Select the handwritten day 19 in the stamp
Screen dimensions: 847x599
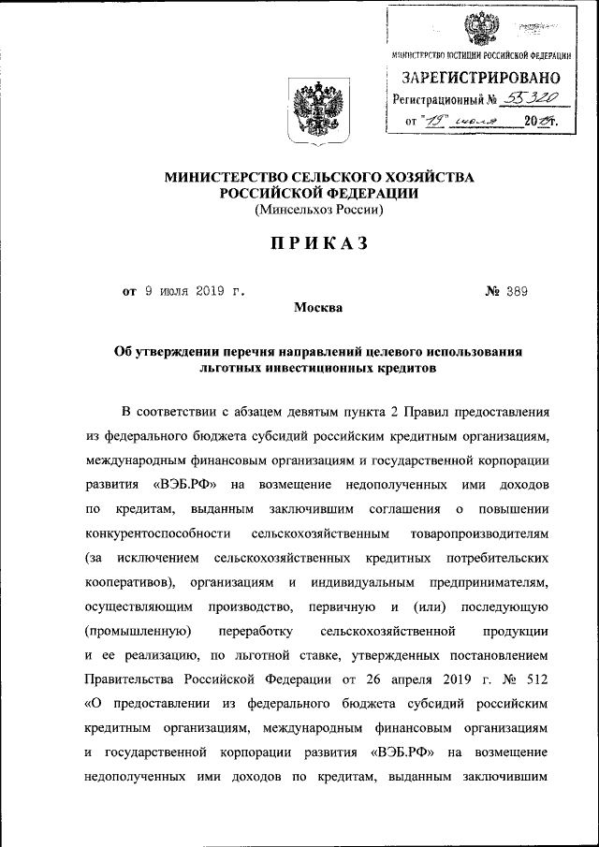click(435, 121)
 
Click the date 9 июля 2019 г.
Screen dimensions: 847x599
click(195, 291)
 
